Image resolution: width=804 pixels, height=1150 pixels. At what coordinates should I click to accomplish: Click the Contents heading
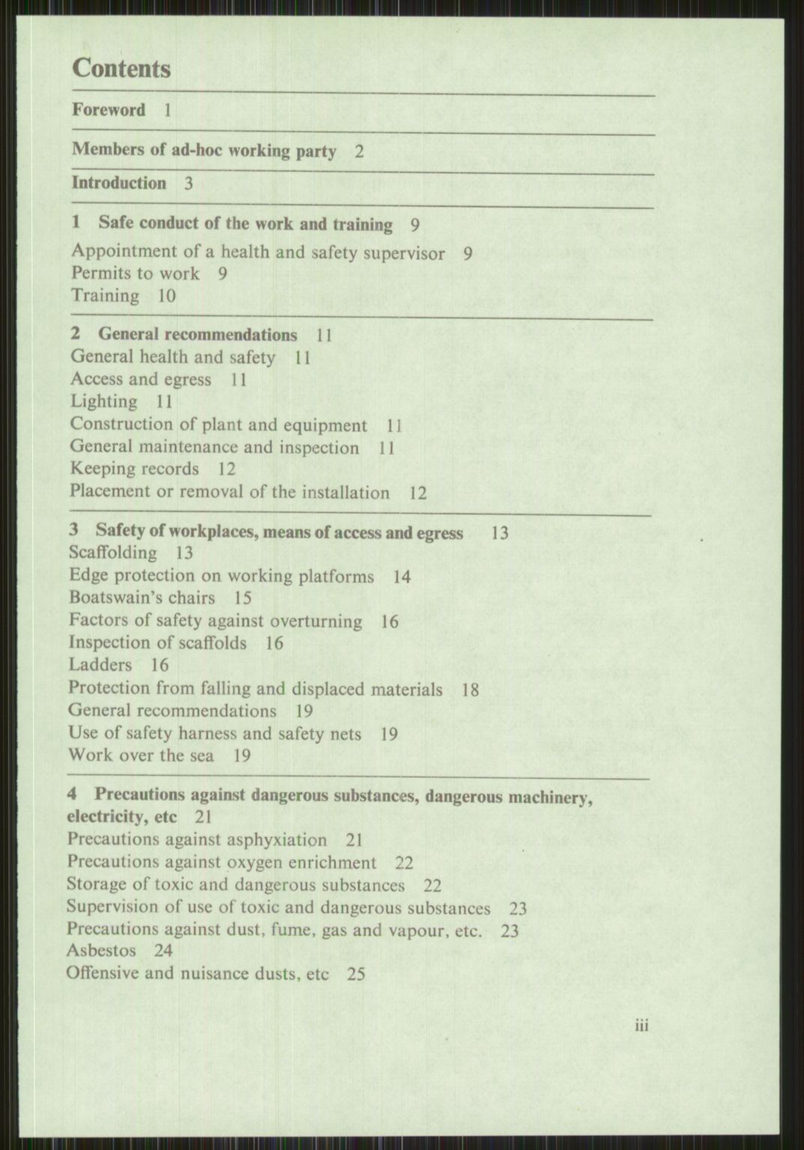[121, 69]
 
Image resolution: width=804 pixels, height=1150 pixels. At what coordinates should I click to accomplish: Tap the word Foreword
[109, 110]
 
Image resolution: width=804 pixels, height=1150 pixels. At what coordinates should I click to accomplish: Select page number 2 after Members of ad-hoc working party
[360, 152]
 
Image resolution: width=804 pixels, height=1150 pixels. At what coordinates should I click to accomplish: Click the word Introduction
[119, 183]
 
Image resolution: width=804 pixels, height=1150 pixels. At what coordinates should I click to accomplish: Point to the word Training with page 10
[106, 296]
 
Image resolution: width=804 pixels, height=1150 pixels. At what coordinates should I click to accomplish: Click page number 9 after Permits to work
[223, 273]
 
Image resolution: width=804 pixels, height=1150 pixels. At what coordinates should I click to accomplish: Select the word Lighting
[103, 402]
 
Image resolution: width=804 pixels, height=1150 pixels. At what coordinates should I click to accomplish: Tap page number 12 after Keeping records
[226, 469]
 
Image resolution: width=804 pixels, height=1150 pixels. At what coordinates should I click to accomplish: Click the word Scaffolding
[112, 553]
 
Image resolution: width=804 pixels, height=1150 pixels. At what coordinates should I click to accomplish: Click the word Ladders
[100, 665]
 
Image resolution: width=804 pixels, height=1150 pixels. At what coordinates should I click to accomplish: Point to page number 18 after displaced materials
[470, 690]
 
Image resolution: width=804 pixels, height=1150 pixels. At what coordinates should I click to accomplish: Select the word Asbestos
[101, 951]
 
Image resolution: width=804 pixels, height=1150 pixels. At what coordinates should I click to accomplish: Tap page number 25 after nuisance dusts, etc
[357, 975]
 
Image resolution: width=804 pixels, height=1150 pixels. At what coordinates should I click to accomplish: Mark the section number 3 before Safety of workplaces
[74, 531]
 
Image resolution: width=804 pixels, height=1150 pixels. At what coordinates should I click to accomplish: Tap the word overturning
[315, 621]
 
